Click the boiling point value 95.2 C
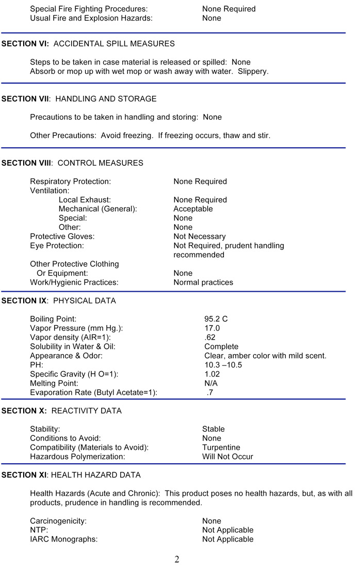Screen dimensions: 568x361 coord(216,319)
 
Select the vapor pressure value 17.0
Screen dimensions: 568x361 coord(212,328)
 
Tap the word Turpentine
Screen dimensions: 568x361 coord(221,448)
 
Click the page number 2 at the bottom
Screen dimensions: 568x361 coord(177,559)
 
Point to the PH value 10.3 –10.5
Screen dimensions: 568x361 coord(223,365)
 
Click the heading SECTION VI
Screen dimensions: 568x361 coord(25,44)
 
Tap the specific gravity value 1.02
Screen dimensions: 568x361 coord(212,374)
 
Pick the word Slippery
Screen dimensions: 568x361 coord(253,71)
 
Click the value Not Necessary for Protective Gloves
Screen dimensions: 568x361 coord(199,236)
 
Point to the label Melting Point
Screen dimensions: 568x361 coord(54,384)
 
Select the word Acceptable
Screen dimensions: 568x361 coord(193,209)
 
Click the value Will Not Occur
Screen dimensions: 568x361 coord(227,457)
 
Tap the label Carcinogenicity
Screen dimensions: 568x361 coord(58,521)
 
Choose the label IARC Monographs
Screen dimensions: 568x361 coord(63,540)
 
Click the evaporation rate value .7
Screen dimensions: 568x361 coord(210,393)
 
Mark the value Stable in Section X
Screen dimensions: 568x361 coord(213,429)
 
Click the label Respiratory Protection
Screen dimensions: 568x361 coord(70,182)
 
